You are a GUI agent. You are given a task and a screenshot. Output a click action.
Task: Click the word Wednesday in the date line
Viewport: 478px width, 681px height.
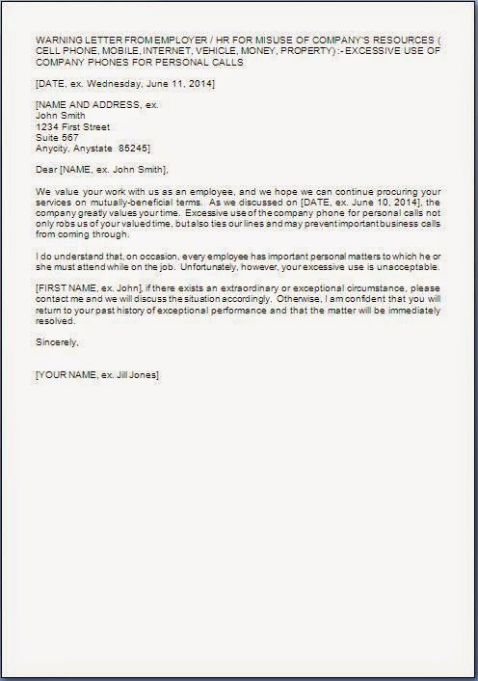[107, 84]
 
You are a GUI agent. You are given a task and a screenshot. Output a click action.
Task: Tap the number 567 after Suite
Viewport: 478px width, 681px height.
[68, 136]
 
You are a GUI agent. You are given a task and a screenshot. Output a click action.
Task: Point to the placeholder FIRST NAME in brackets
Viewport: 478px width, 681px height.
[66, 287]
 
